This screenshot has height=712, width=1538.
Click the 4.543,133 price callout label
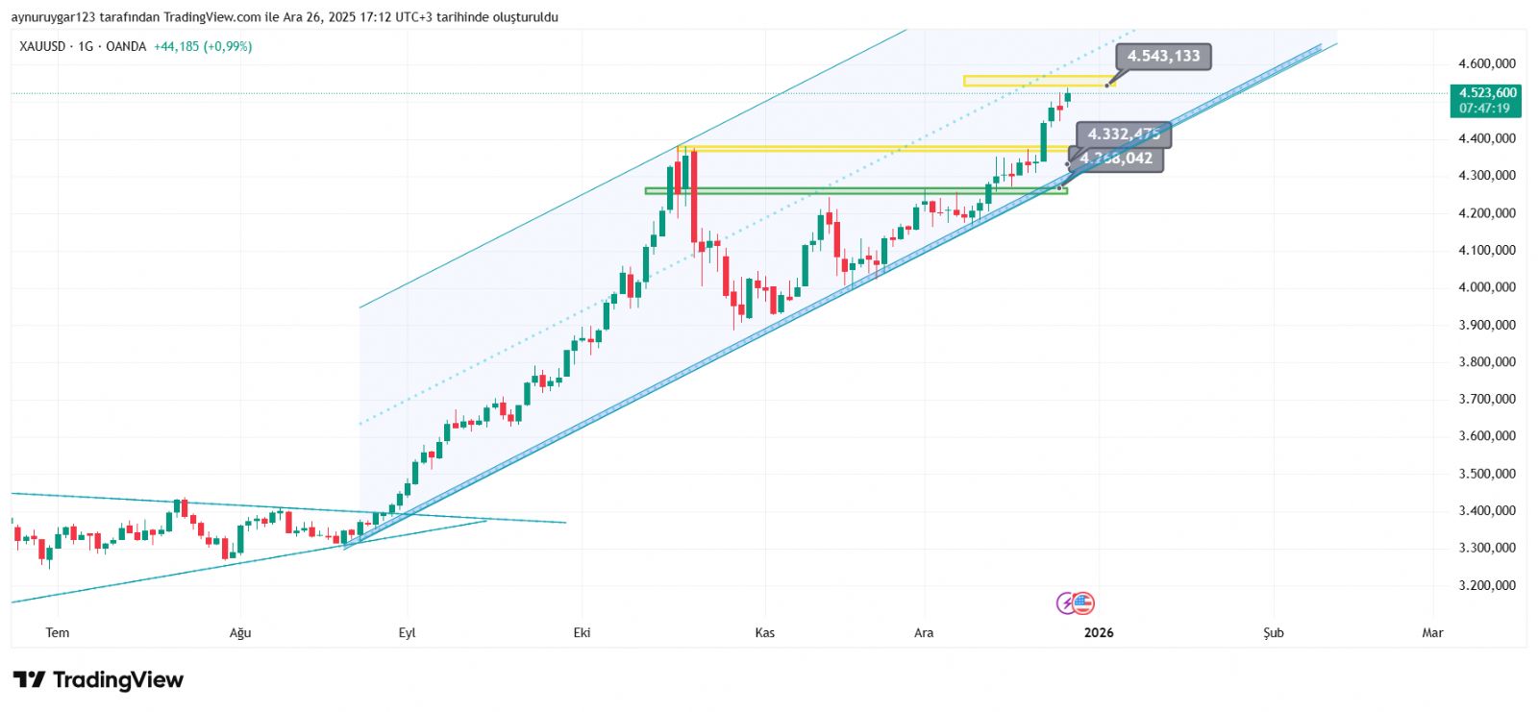pyautogui.click(x=1163, y=57)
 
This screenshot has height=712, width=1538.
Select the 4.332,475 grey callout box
pyautogui.click(x=1123, y=135)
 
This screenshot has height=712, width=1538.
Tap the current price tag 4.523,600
pyautogui.click(x=1487, y=93)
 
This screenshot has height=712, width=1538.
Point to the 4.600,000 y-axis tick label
pyautogui.click(x=1486, y=64)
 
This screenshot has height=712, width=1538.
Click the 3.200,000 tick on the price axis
pyautogui.click(x=1486, y=585)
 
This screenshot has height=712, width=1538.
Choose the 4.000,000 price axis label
pyautogui.click(x=1486, y=287)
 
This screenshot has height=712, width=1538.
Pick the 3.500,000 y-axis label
pyautogui.click(x=1486, y=474)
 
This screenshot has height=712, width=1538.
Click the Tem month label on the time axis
pyautogui.click(x=58, y=632)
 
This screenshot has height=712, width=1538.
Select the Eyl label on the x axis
pyautogui.click(x=407, y=632)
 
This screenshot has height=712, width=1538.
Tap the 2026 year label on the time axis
pyautogui.click(x=1099, y=632)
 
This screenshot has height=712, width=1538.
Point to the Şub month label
pyautogui.click(x=1273, y=632)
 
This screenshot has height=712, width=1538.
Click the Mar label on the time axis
pyautogui.click(x=1432, y=632)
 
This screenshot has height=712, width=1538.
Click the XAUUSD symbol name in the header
pyautogui.click(x=42, y=46)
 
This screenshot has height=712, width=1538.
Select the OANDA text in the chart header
pyautogui.click(x=126, y=46)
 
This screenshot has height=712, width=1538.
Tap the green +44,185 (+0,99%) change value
pyautogui.click(x=203, y=46)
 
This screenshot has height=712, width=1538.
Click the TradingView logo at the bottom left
pyautogui.click(x=98, y=680)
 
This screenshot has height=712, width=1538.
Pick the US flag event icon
pyautogui.click(x=1083, y=603)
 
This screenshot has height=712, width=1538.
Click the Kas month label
pyautogui.click(x=764, y=632)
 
